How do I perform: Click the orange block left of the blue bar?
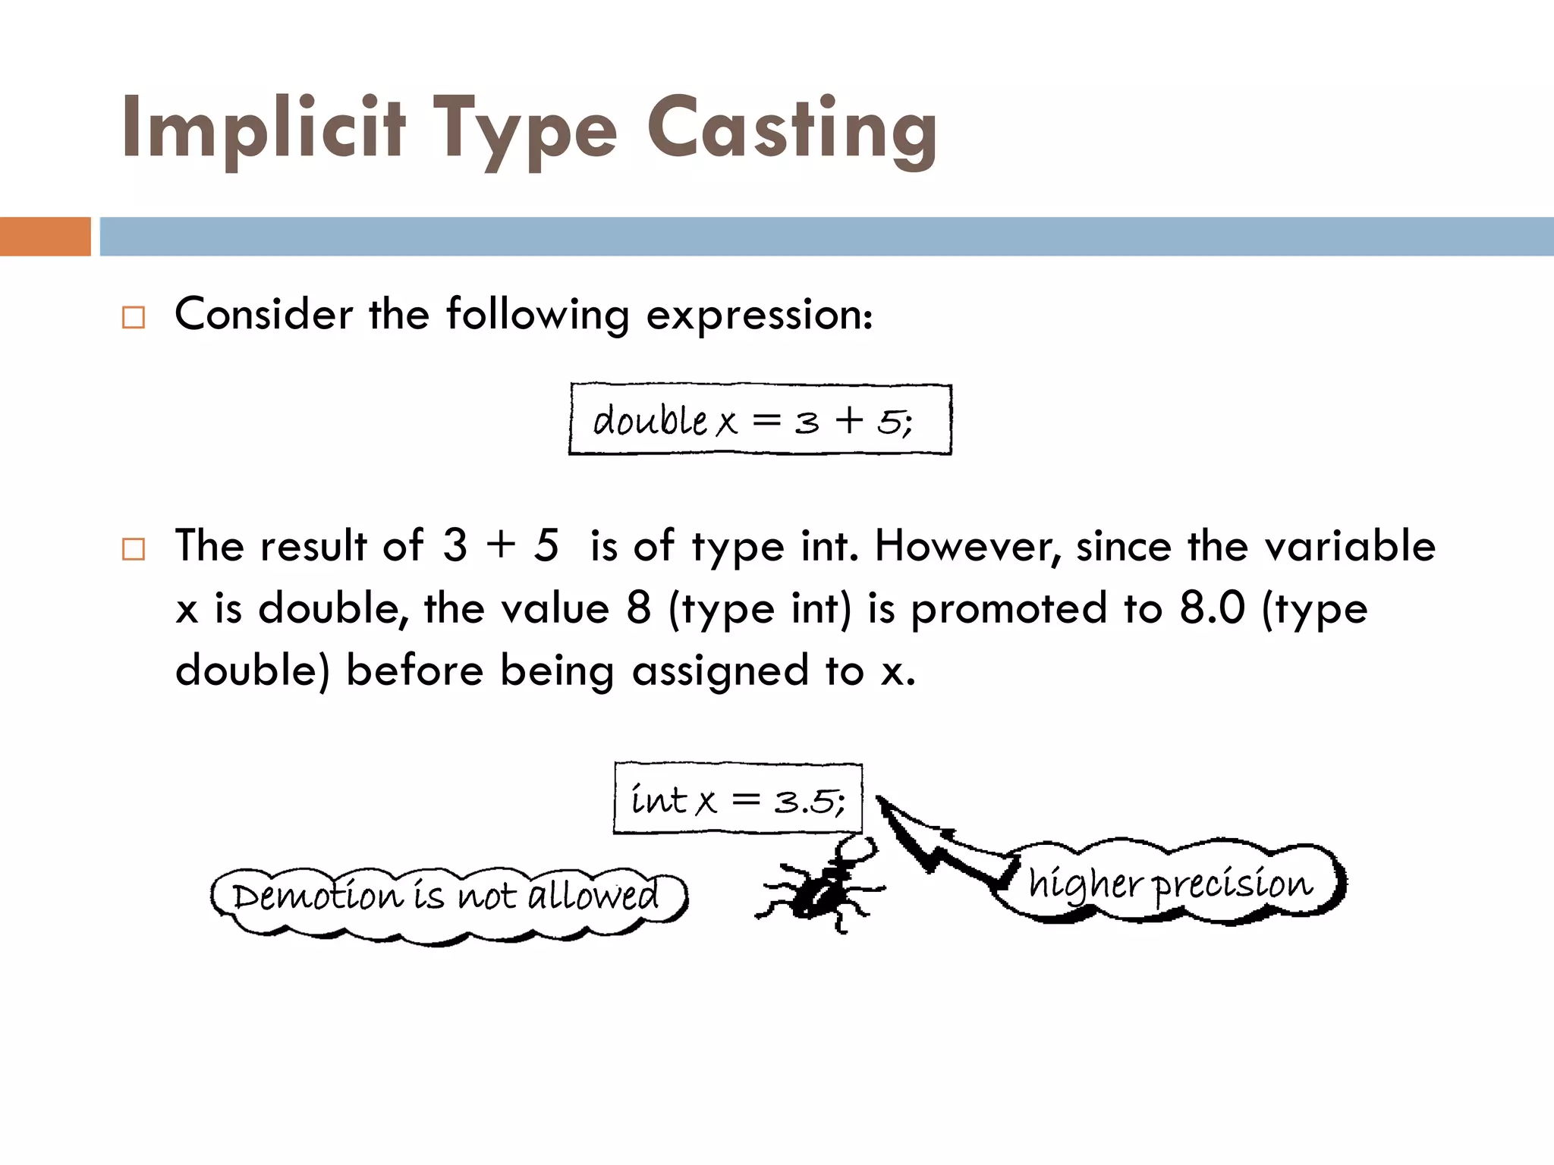[x=45, y=237]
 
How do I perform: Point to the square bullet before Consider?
[x=134, y=317]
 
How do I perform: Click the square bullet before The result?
[x=134, y=548]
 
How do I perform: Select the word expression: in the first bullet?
[x=759, y=314]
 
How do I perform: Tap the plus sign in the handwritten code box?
[x=850, y=419]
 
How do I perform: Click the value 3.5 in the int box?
[x=804, y=801]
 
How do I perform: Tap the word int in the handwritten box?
[x=659, y=799]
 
